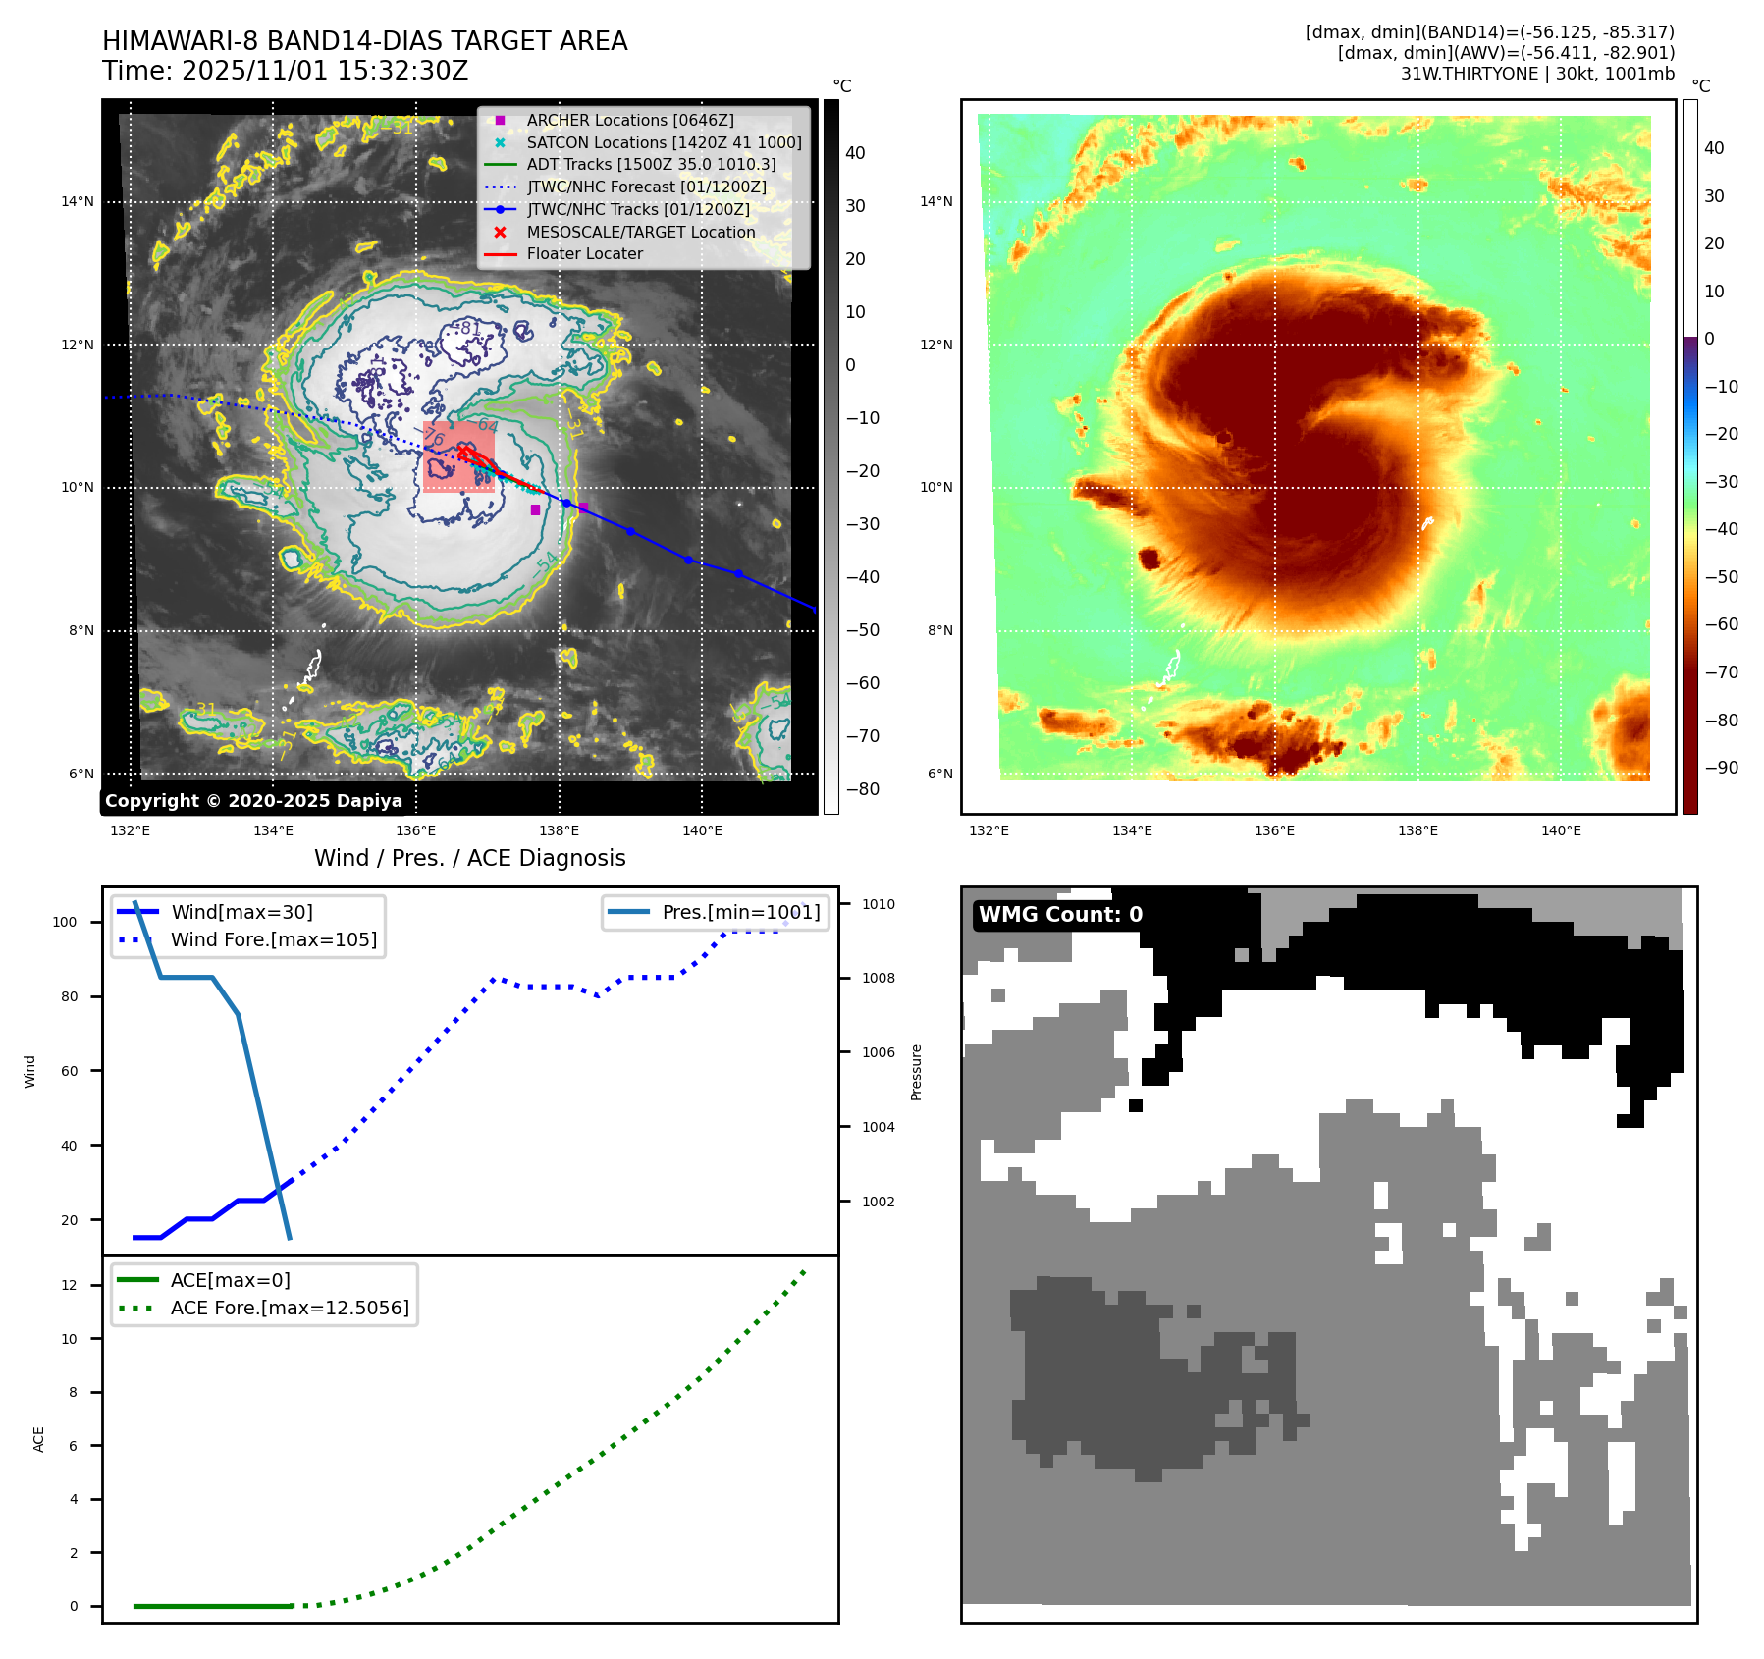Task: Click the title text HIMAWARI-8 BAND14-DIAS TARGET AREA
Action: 364,41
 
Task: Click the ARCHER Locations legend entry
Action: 629,120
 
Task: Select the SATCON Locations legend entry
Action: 664,142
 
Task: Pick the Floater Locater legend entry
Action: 584,253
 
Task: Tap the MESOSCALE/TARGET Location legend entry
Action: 640,232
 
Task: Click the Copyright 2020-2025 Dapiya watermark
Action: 253,801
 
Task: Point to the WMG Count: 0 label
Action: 1060,915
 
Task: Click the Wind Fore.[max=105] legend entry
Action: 273,939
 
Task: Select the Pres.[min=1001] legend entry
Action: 740,912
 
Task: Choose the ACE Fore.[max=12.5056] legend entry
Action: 290,1308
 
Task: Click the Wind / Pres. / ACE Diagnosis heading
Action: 469,858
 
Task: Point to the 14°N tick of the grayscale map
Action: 78,202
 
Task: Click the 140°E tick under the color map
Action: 1561,830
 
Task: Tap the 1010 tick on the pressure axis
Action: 879,904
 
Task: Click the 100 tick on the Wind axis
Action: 65,922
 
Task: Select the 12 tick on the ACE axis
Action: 69,1285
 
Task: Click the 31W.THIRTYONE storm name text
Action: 1469,74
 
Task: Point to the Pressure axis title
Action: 916,1072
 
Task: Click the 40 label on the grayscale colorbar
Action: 855,153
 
